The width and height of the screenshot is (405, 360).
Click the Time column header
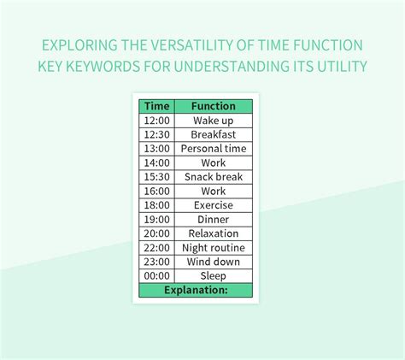(x=156, y=106)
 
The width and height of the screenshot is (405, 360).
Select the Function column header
(x=213, y=106)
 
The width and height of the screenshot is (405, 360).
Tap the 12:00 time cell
(x=156, y=121)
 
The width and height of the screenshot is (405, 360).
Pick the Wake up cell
(x=213, y=121)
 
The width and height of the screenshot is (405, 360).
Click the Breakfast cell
(x=213, y=134)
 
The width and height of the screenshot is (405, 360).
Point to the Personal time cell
(x=213, y=149)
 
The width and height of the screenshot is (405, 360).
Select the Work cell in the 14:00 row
(x=213, y=162)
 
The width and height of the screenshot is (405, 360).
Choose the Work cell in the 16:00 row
(x=213, y=192)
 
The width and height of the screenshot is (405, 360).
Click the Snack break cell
(x=213, y=177)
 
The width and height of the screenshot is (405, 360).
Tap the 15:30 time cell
(x=156, y=177)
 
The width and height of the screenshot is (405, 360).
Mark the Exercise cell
(x=213, y=205)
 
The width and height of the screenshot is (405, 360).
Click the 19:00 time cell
(x=156, y=220)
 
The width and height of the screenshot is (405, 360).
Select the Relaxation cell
(x=213, y=233)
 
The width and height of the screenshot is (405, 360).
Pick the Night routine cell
(x=213, y=248)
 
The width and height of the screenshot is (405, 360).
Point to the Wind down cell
(x=213, y=262)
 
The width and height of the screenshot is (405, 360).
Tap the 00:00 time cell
(x=156, y=276)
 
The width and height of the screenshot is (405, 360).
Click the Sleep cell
(x=213, y=276)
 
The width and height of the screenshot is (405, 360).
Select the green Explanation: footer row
(x=196, y=290)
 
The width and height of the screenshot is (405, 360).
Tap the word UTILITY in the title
(x=339, y=66)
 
